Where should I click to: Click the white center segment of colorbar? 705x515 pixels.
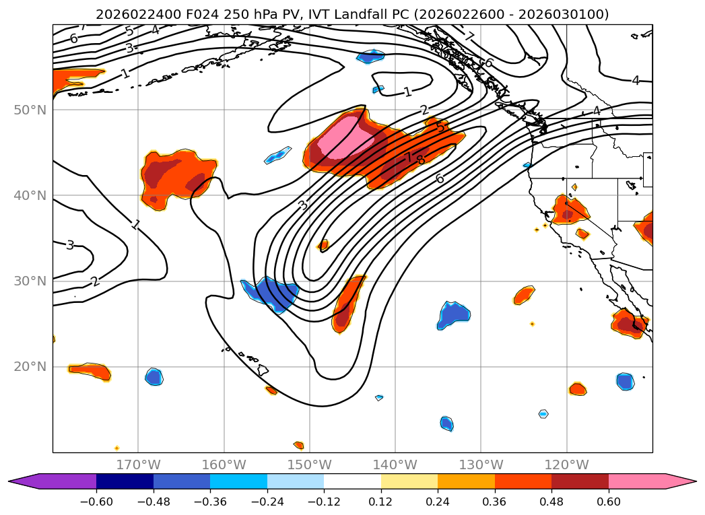tap(352, 481)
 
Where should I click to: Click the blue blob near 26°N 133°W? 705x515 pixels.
tap(454, 314)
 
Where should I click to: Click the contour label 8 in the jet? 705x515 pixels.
tap(421, 160)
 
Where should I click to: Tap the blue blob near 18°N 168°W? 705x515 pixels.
tap(154, 377)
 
